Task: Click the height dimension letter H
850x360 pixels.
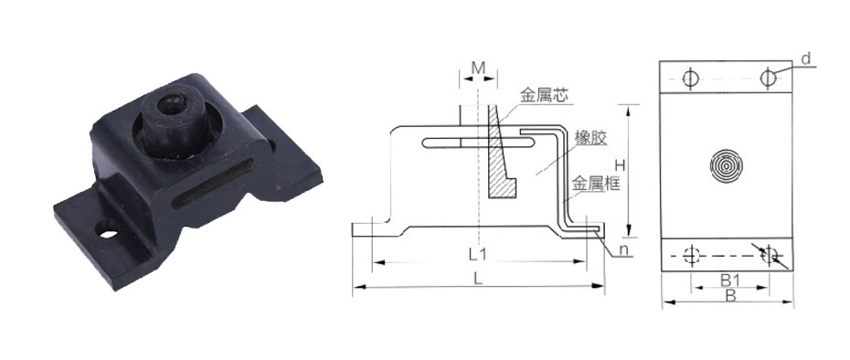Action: click(619, 164)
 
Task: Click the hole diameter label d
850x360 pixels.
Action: click(806, 59)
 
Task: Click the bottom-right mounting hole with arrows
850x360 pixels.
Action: click(770, 255)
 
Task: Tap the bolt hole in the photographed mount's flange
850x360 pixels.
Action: click(111, 232)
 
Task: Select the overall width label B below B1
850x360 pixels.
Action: click(728, 295)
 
